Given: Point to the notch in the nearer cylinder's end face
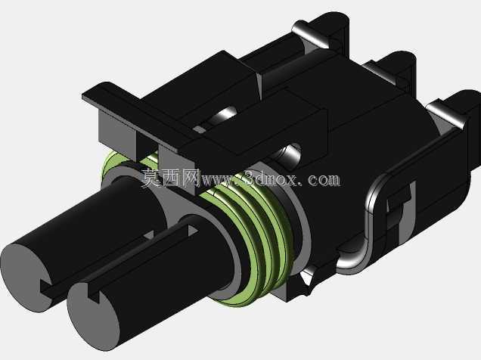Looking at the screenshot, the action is [x=94, y=293].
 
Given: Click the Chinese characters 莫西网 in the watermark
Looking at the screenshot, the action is [x=169, y=178].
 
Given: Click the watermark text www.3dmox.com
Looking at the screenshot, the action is [x=269, y=179].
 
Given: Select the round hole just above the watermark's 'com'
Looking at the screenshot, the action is [x=289, y=155].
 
